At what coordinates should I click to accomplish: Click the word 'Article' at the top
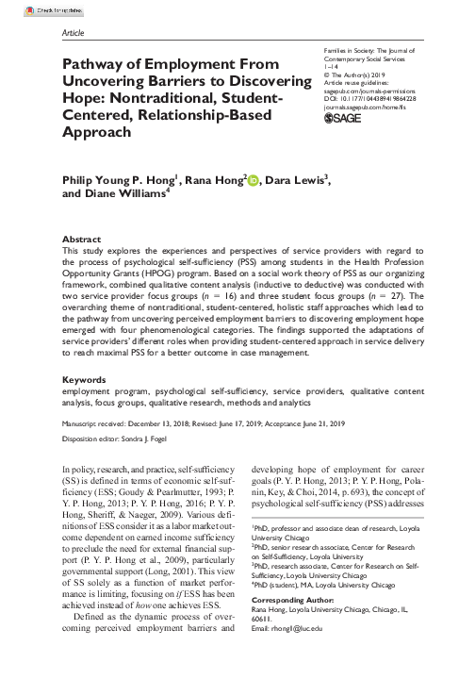[x=73, y=31]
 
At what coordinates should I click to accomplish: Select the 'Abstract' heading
[x=82, y=240]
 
